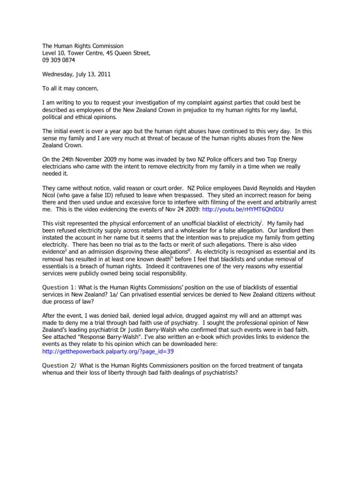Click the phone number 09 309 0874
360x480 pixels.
click(x=59, y=60)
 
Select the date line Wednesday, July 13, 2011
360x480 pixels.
click(x=76, y=74)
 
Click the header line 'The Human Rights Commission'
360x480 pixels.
click(x=83, y=46)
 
